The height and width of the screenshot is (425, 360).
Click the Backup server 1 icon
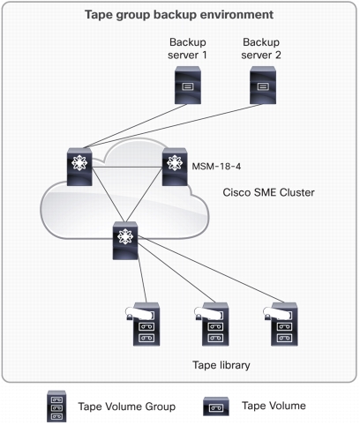[x=188, y=85]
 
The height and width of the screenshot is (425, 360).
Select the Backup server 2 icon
[x=263, y=85]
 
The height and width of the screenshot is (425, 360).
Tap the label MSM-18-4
[x=216, y=167]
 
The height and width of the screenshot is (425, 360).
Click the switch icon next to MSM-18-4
[x=175, y=167]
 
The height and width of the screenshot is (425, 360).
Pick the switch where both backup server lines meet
[x=79, y=167]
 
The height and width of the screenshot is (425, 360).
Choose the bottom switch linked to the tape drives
[x=125, y=241]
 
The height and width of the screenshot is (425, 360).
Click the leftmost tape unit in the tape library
[x=144, y=324]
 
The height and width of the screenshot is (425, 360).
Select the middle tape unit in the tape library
[x=213, y=324]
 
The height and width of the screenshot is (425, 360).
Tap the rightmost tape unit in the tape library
[x=281, y=324]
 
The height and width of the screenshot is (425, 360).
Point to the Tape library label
[x=221, y=365]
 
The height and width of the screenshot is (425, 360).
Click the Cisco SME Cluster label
[x=268, y=192]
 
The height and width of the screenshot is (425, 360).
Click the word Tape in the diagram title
[x=99, y=15]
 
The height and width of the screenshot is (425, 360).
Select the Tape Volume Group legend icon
[x=56, y=406]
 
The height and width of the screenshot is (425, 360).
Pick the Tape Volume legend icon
[x=216, y=406]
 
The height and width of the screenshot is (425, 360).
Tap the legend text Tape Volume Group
[x=127, y=406]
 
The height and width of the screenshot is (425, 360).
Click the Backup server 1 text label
[x=187, y=48]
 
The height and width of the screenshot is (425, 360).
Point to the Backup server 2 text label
[x=261, y=48]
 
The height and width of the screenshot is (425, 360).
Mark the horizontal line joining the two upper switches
[x=127, y=168]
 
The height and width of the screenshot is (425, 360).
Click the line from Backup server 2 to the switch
[x=174, y=125]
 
